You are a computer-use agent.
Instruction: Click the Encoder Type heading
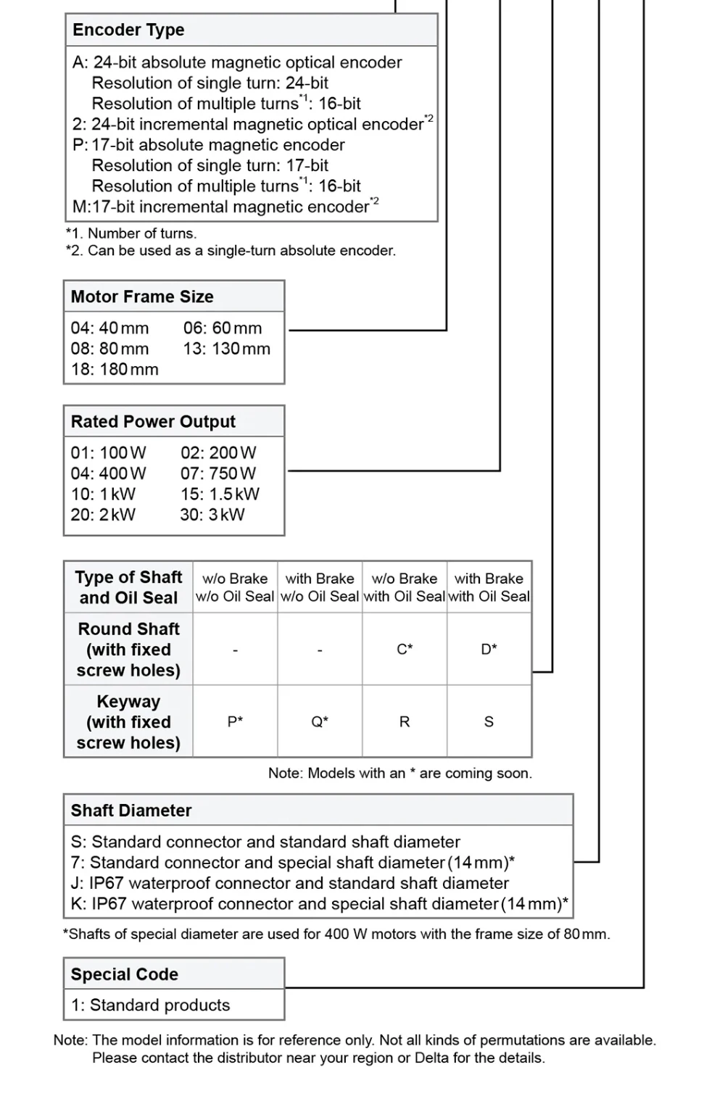tap(128, 30)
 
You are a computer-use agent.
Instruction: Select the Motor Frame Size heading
tap(142, 297)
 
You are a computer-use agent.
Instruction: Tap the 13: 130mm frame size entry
tap(226, 349)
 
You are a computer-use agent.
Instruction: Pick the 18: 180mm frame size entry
tap(115, 369)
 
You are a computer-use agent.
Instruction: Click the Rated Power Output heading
tap(153, 421)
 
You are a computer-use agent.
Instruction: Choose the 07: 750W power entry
tap(218, 473)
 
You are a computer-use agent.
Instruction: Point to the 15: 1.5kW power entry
tap(220, 494)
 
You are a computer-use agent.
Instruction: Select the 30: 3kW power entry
tap(212, 515)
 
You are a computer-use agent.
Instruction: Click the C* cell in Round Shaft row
tap(405, 649)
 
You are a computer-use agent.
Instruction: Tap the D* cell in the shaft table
tap(489, 649)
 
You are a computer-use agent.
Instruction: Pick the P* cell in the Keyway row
tap(235, 721)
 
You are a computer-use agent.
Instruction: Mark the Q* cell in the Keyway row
tap(320, 721)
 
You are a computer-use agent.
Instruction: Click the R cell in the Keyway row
tap(405, 721)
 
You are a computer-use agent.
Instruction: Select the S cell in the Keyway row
tap(489, 721)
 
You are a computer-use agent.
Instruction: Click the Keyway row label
tap(128, 721)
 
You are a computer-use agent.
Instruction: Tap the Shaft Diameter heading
tap(131, 811)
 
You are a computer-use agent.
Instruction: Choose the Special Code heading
tap(125, 974)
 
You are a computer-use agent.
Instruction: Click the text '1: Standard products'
tap(150, 1005)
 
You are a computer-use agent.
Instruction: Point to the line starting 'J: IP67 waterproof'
tap(290, 883)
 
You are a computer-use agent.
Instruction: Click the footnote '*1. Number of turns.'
tap(131, 233)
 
